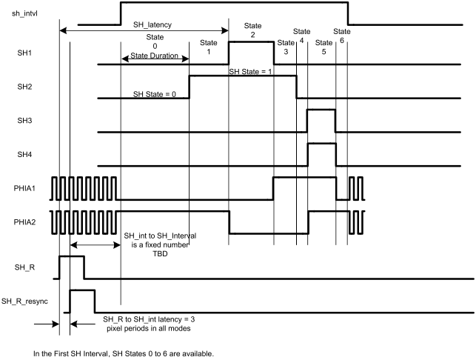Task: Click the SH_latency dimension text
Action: click(x=152, y=24)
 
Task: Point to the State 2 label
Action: click(x=252, y=30)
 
